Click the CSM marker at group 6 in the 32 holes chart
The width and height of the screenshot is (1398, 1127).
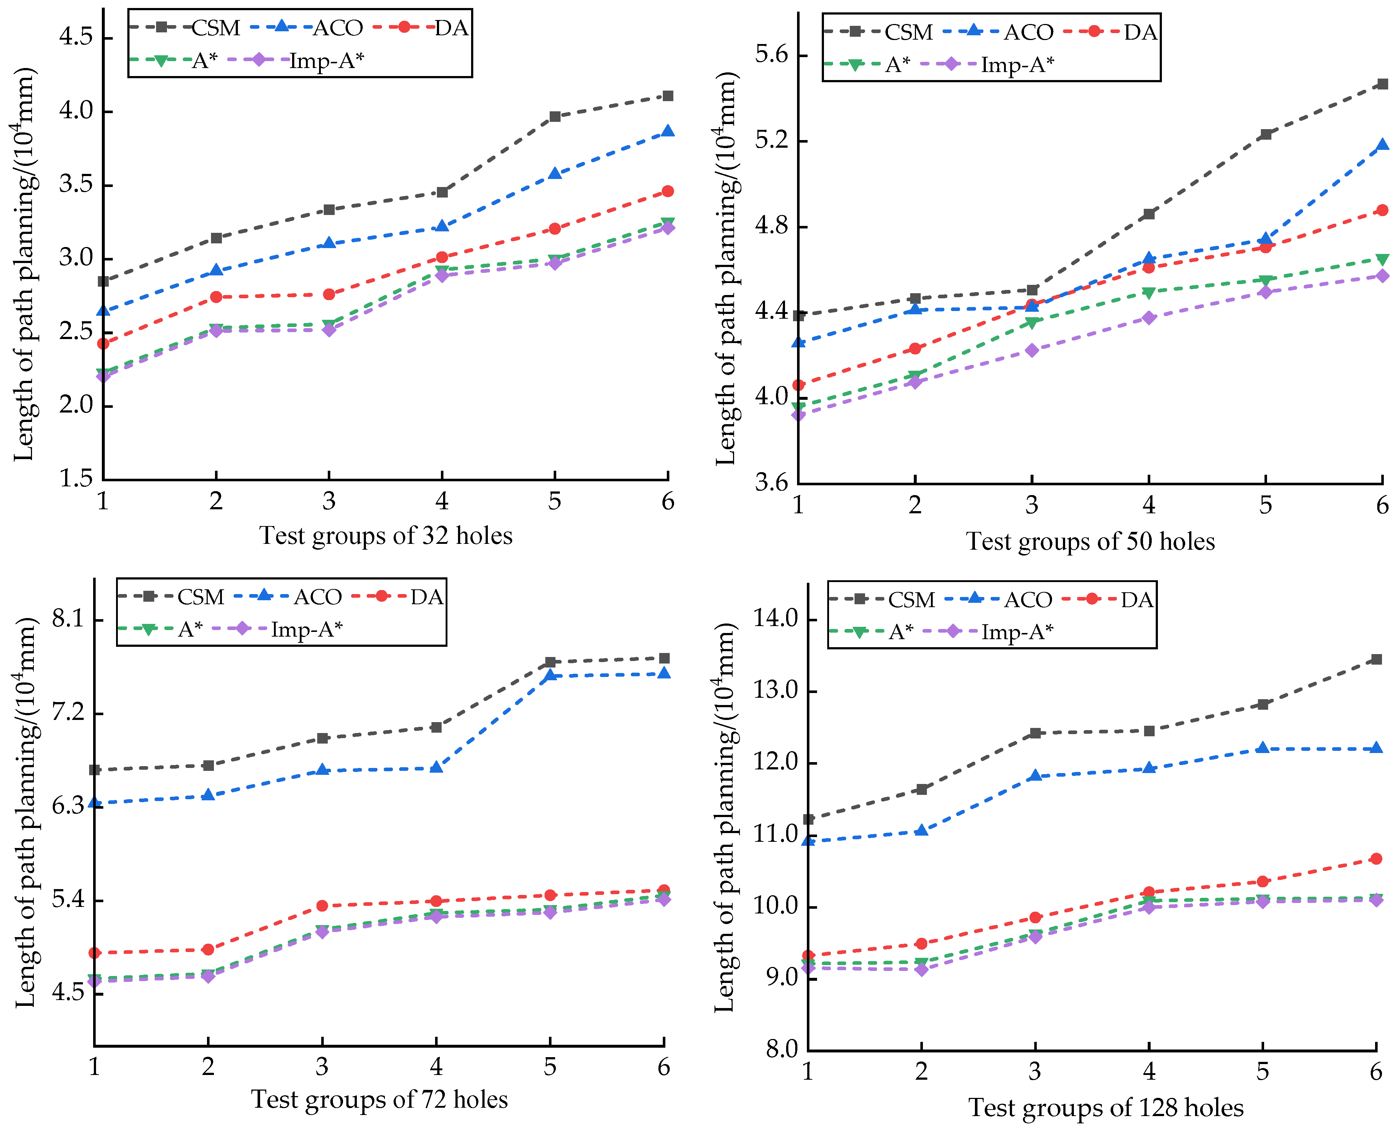click(667, 96)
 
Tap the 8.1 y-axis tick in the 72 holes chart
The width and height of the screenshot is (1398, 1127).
click(68, 619)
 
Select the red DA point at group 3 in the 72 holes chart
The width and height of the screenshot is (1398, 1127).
click(322, 905)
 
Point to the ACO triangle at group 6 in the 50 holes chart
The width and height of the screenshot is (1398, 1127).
click(1382, 145)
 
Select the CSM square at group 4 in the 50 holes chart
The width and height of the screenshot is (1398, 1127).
click(1149, 214)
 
